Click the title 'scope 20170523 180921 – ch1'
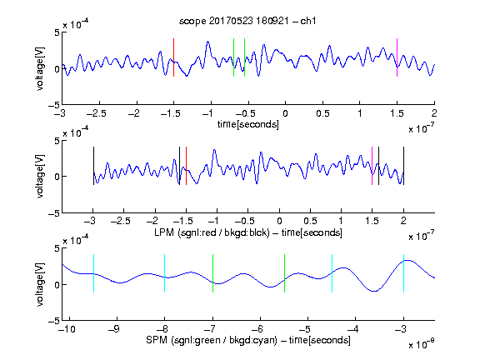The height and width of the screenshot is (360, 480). click(247, 21)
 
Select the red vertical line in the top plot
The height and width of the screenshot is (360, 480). click(174, 57)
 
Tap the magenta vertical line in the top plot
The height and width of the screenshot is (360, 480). click(397, 57)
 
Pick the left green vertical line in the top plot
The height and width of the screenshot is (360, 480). click(233, 57)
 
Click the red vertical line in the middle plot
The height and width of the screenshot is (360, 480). click(186, 166)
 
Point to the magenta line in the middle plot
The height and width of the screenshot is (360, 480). click(372, 166)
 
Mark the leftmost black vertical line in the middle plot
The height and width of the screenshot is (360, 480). click(93, 166)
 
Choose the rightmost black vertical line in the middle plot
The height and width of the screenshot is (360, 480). click(403, 166)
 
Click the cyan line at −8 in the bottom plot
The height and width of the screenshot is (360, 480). click(165, 273)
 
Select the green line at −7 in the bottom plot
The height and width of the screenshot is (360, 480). click(212, 273)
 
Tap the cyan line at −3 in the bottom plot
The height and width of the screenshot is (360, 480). click(403, 273)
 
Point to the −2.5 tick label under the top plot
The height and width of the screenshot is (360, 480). click(97, 113)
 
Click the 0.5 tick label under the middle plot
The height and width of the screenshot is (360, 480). click(310, 221)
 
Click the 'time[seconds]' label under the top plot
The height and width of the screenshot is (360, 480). click(248, 124)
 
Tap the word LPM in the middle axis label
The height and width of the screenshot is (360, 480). click(164, 232)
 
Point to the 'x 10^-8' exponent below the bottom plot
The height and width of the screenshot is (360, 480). click(421, 344)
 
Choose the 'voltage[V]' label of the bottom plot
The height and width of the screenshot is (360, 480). click(40, 285)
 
